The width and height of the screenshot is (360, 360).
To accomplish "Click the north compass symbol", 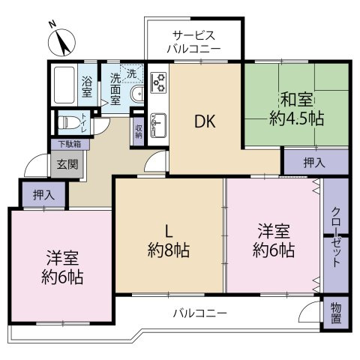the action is click(x=61, y=43).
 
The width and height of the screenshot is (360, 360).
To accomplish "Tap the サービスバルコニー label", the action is click(x=193, y=42).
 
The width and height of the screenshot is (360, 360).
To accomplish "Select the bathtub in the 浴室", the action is click(x=64, y=85).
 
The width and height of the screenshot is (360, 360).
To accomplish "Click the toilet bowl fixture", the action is click(x=67, y=123).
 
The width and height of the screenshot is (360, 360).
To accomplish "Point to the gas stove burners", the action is click(x=158, y=82).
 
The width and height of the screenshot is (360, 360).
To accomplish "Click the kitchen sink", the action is click(x=158, y=125).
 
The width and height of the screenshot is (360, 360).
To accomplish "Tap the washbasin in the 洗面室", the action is click(x=137, y=94).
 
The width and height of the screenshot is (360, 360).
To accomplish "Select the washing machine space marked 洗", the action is click(x=132, y=73).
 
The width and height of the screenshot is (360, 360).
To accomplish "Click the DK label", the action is click(x=205, y=122).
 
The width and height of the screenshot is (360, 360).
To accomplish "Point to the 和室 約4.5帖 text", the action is click(x=296, y=109).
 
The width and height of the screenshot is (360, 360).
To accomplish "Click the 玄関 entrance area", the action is click(x=67, y=164).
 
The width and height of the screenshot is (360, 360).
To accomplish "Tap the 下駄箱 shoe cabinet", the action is click(x=70, y=144).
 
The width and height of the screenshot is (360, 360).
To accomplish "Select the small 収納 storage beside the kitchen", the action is click(x=139, y=130).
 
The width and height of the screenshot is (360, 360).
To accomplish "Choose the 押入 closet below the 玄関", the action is click(x=43, y=194).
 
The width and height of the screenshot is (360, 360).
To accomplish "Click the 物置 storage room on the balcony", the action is click(x=336, y=313).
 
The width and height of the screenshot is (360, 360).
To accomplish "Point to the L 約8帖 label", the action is click(x=169, y=241).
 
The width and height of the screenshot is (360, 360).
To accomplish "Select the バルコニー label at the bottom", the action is click(x=200, y=313).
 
